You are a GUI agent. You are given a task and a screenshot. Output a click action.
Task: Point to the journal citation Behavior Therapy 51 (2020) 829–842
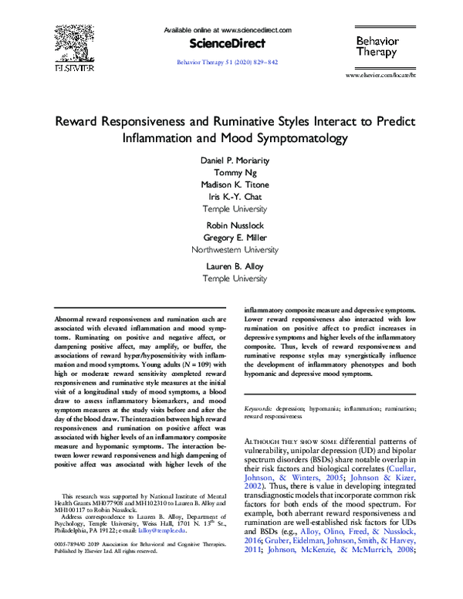228,60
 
